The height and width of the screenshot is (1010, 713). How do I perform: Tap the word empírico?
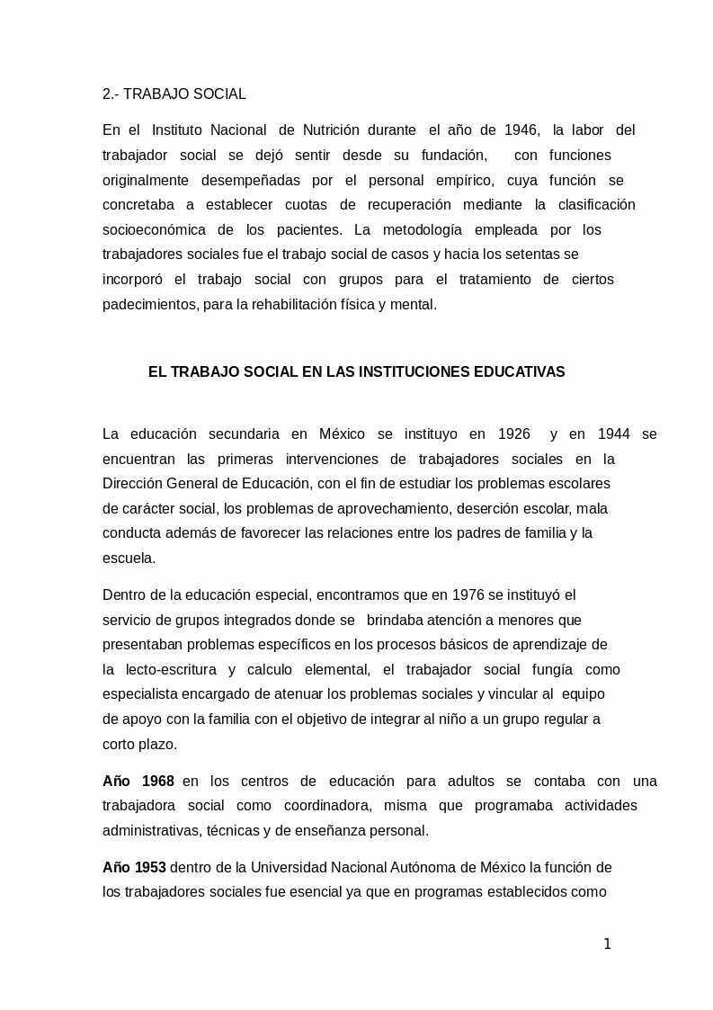pyautogui.click(x=465, y=180)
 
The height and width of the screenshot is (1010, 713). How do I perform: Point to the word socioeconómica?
pyautogui.click(x=154, y=229)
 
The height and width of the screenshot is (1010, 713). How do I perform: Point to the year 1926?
pyautogui.click(x=513, y=434)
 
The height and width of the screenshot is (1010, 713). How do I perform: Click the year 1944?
pyautogui.click(x=613, y=434)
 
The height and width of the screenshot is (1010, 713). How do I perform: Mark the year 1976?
pyautogui.click(x=444, y=595)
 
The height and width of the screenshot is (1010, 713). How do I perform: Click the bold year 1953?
pyautogui.click(x=150, y=868)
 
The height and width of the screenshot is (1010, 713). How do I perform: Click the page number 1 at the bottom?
pyautogui.click(x=607, y=943)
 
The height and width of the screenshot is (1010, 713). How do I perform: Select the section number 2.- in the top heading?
pyautogui.click(x=111, y=94)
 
